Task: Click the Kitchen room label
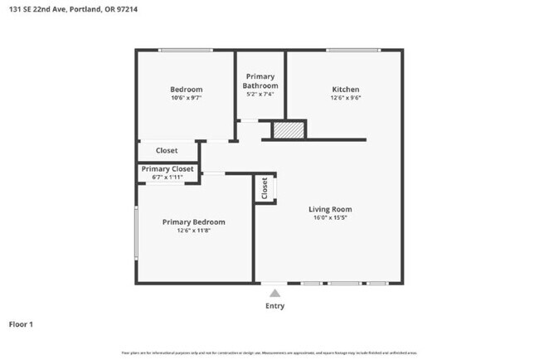346,89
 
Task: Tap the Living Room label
331,209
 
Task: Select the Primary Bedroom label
194,221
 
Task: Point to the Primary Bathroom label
260,81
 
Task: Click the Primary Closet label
168,169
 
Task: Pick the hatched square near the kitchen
289,130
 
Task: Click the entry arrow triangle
274,292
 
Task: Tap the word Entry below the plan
274,306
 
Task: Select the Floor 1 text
21,324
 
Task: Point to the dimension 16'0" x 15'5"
331,218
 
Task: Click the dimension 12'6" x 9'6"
346,97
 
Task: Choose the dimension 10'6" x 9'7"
186,97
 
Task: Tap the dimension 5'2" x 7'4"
260,94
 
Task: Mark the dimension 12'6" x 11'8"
194,231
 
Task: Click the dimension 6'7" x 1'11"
168,177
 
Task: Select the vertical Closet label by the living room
265,188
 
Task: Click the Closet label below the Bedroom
167,150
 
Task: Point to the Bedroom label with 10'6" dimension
186,89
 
